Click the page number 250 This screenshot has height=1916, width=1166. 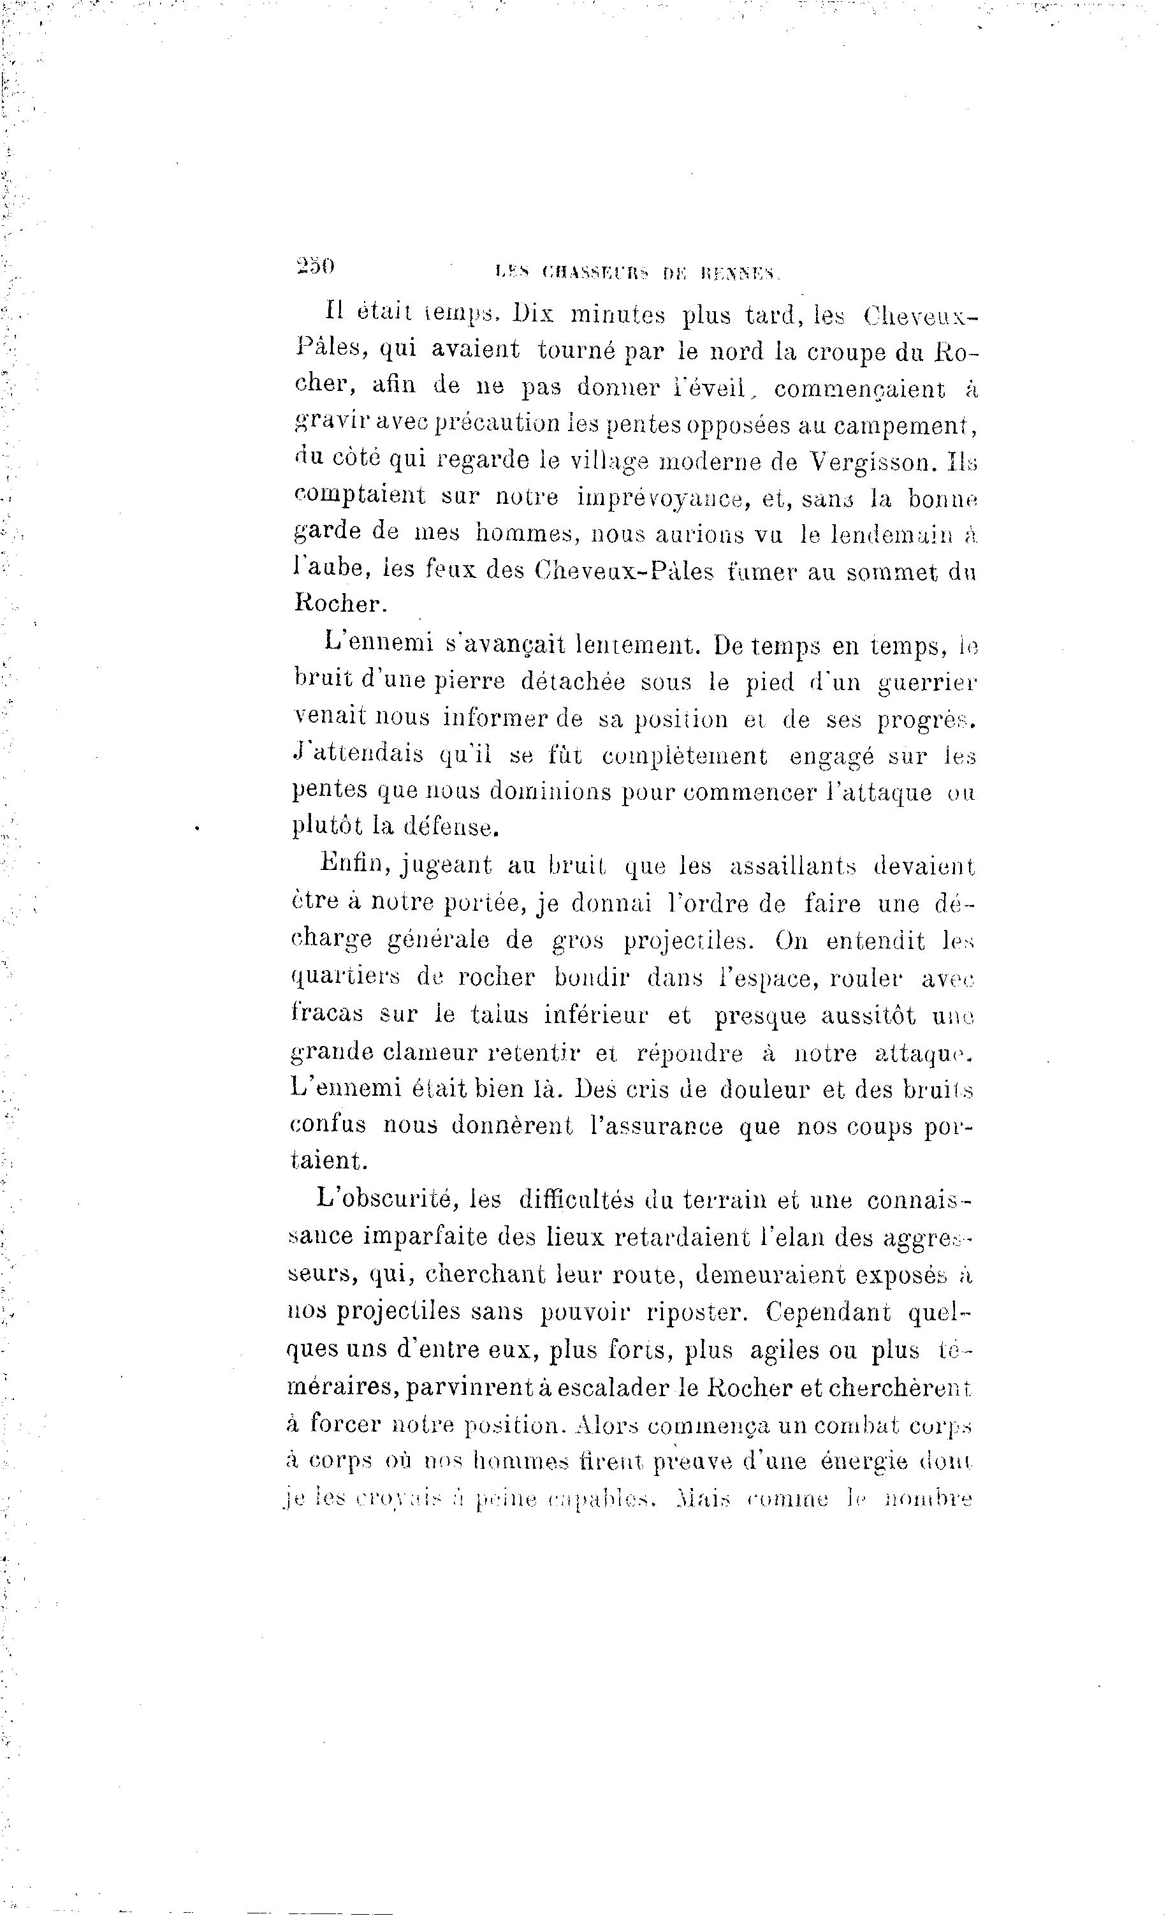click(x=314, y=267)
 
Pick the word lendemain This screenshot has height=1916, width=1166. click(x=887, y=534)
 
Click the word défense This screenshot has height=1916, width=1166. click(x=449, y=827)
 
